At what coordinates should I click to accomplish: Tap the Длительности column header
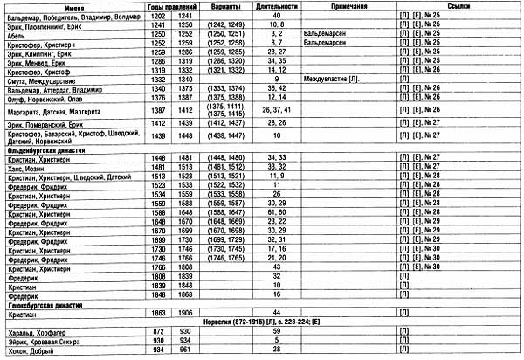tap(276, 6)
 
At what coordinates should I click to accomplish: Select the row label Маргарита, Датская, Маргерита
tap(55, 111)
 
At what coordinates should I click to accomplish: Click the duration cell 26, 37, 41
tap(276, 111)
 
